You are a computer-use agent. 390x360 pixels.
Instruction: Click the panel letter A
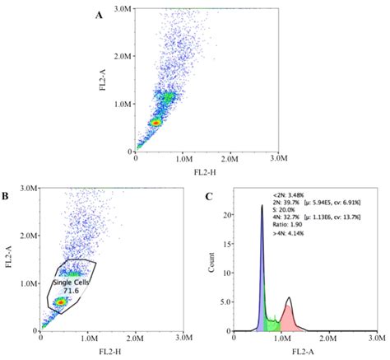[x=99, y=14]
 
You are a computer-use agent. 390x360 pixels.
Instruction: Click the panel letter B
[x=6, y=196]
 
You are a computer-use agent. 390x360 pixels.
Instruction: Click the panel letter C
[x=210, y=196]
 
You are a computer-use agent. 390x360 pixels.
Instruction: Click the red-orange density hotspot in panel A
[x=156, y=122]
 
